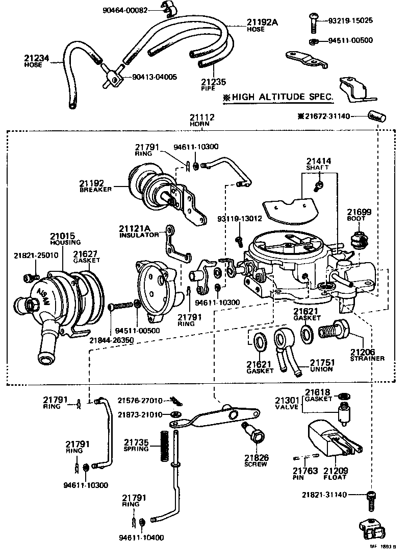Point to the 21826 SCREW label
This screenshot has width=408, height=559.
tap(256, 460)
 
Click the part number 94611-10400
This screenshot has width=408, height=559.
tap(142, 538)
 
